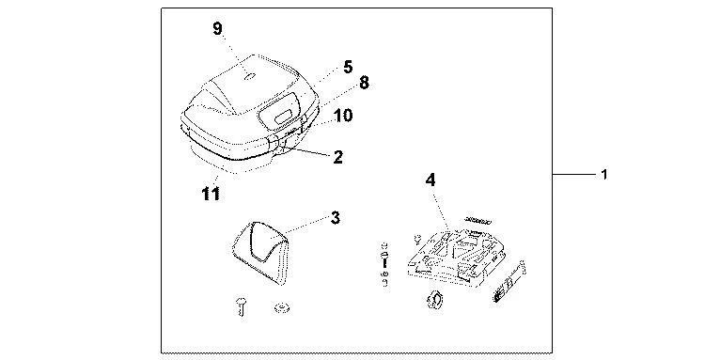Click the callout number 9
[217, 28]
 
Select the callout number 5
[321, 67]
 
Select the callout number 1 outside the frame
[605, 175]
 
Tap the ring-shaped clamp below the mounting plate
[434, 301]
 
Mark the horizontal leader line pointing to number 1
[573, 175]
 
